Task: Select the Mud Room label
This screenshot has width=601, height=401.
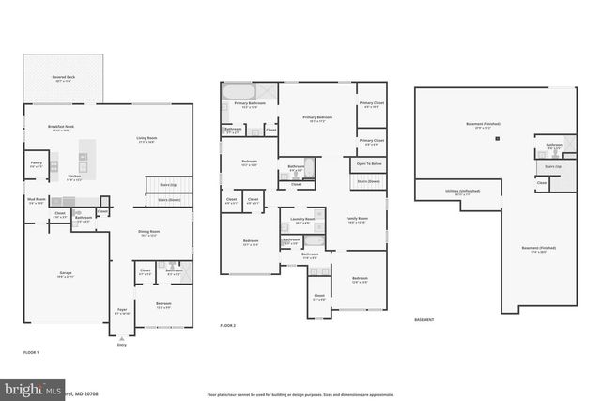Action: coord(37,201)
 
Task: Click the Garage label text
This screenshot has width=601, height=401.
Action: coord(66,273)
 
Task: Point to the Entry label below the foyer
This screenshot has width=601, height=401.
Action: coord(121,346)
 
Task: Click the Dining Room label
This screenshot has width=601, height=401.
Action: coord(149,232)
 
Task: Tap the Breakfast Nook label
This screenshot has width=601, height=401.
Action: coord(62,128)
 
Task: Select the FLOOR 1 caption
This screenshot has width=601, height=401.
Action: coord(32,351)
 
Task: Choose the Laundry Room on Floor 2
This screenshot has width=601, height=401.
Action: coord(302,220)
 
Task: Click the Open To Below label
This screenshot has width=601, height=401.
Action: coord(367,162)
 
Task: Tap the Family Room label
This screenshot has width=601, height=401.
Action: coord(357,219)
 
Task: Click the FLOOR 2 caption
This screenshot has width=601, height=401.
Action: coord(228,325)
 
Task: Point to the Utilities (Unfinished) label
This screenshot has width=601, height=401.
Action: coord(457,193)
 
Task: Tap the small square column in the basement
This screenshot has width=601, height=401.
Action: coord(500,139)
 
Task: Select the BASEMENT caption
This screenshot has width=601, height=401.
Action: coord(424,320)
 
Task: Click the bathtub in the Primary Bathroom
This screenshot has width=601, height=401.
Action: coord(237,91)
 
